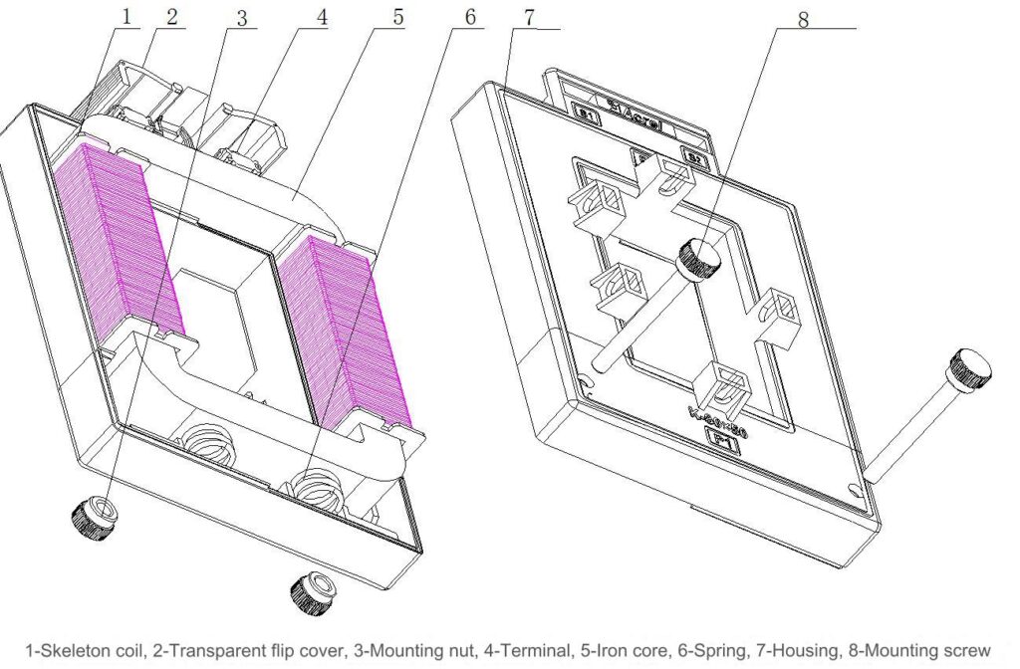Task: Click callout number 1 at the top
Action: (126, 17)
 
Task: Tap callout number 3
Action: (241, 17)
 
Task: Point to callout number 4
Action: (321, 17)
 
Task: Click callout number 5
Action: (397, 17)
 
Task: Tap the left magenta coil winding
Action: (114, 239)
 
